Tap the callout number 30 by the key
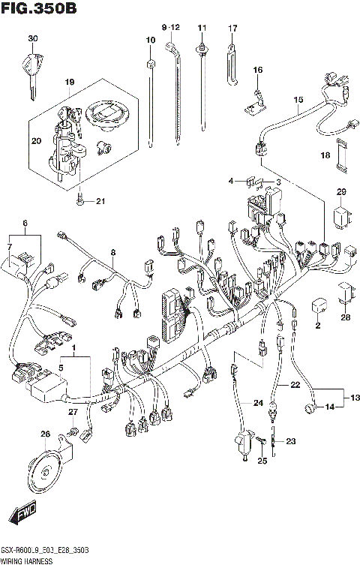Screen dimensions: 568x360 pos(32,38)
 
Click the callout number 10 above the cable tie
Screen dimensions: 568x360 pos(151,39)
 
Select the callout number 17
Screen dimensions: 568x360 pos(232,29)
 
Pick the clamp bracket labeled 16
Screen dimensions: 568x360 pos(256,96)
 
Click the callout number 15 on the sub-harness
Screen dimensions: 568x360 pos(298,100)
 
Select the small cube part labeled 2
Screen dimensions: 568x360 pos(317,306)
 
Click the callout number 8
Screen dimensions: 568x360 pos(112,253)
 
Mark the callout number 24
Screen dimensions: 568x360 pos(258,404)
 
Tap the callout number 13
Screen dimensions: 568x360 pos(355,397)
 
